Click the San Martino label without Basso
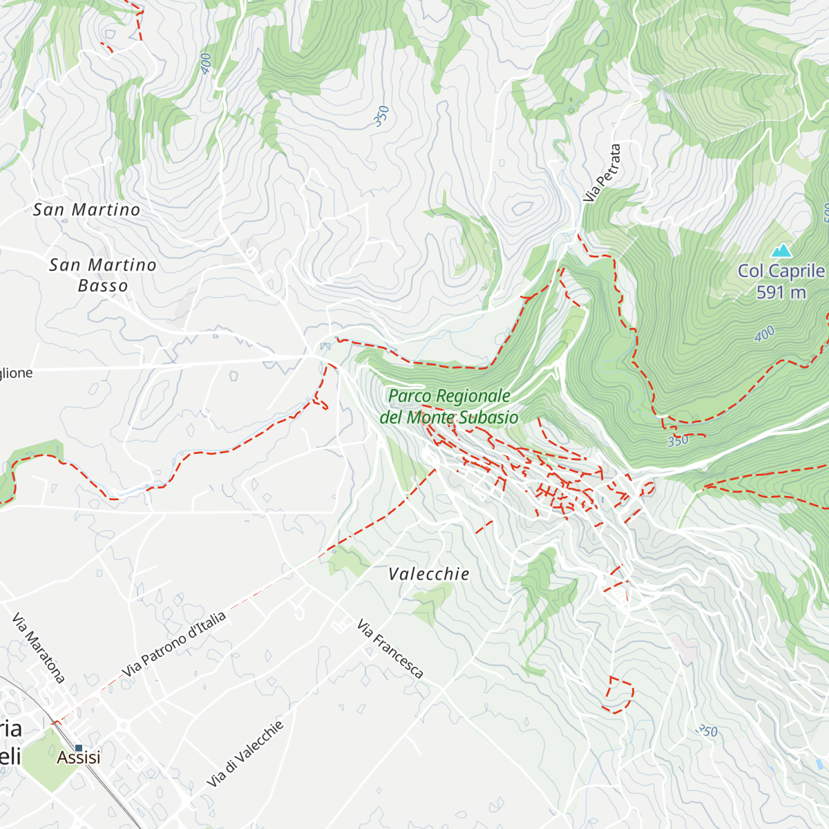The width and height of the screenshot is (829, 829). [x=86, y=209]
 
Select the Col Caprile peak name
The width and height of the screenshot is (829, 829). [x=781, y=271]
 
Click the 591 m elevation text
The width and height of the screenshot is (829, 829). [x=781, y=292]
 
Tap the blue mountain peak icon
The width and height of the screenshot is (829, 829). [x=782, y=249]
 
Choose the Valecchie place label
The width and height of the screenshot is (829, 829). [x=428, y=574]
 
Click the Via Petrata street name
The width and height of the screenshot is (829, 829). [x=602, y=173]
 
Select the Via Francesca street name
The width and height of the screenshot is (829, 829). [x=390, y=649]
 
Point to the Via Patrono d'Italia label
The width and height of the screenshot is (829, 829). [x=173, y=645]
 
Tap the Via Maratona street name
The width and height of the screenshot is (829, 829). [x=39, y=647]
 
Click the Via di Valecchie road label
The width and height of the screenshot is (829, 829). [x=245, y=754]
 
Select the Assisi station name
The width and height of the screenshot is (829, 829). [x=78, y=758]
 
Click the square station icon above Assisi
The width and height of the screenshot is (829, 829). [x=79, y=747]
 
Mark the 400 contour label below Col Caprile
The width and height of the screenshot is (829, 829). [x=764, y=334]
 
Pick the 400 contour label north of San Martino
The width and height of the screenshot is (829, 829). [x=206, y=64]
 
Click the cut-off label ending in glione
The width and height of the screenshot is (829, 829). [x=16, y=373]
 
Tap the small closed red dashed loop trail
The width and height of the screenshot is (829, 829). [x=620, y=695]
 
